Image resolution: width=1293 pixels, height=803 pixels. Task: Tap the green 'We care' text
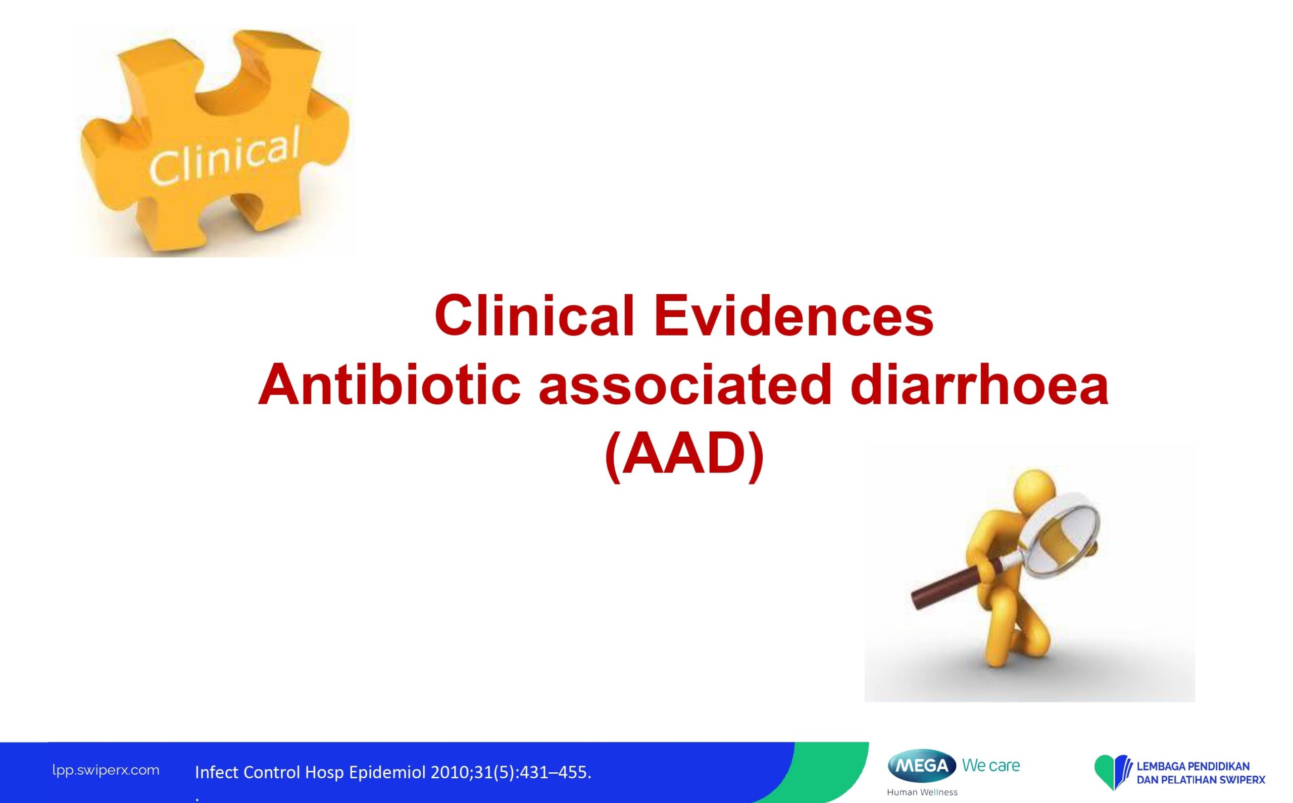991,765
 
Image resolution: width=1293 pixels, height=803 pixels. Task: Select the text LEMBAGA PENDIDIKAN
1193,766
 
